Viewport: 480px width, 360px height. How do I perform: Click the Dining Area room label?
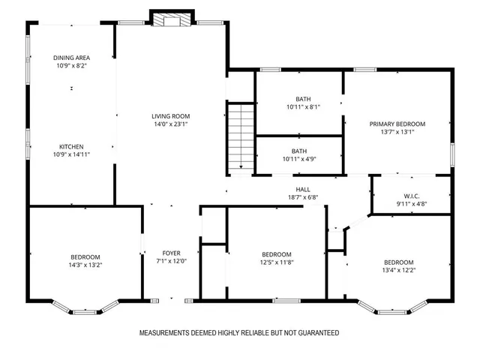click(x=71, y=57)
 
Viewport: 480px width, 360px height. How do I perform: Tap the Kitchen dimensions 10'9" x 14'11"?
click(x=71, y=154)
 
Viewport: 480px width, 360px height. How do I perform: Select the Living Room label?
click(x=170, y=116)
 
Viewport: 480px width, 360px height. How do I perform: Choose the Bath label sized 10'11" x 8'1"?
click(x=303, y=98)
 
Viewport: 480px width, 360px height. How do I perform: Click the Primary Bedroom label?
click(x=397, y=124)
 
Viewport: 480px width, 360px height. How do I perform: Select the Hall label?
click(x=303, y=189)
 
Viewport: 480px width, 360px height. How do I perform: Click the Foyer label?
click(x=171, y=253)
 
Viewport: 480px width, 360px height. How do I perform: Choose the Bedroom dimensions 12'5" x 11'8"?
click(x=276, y=262)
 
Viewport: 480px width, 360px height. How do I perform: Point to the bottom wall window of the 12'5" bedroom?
click(x=285, y=301)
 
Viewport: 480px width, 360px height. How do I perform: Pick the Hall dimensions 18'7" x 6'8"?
click(x=303, y=198)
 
